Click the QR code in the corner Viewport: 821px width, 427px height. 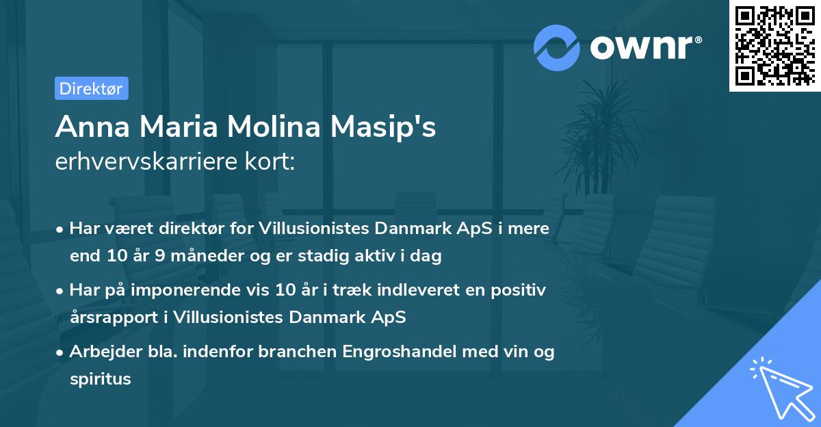774,45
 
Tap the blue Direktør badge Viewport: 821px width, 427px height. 91,88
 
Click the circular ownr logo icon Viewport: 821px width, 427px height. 557,47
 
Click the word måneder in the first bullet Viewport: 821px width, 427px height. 196,257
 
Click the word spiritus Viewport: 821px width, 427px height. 100,378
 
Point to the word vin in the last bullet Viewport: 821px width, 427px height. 503,352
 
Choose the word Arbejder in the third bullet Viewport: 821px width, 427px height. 101,352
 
